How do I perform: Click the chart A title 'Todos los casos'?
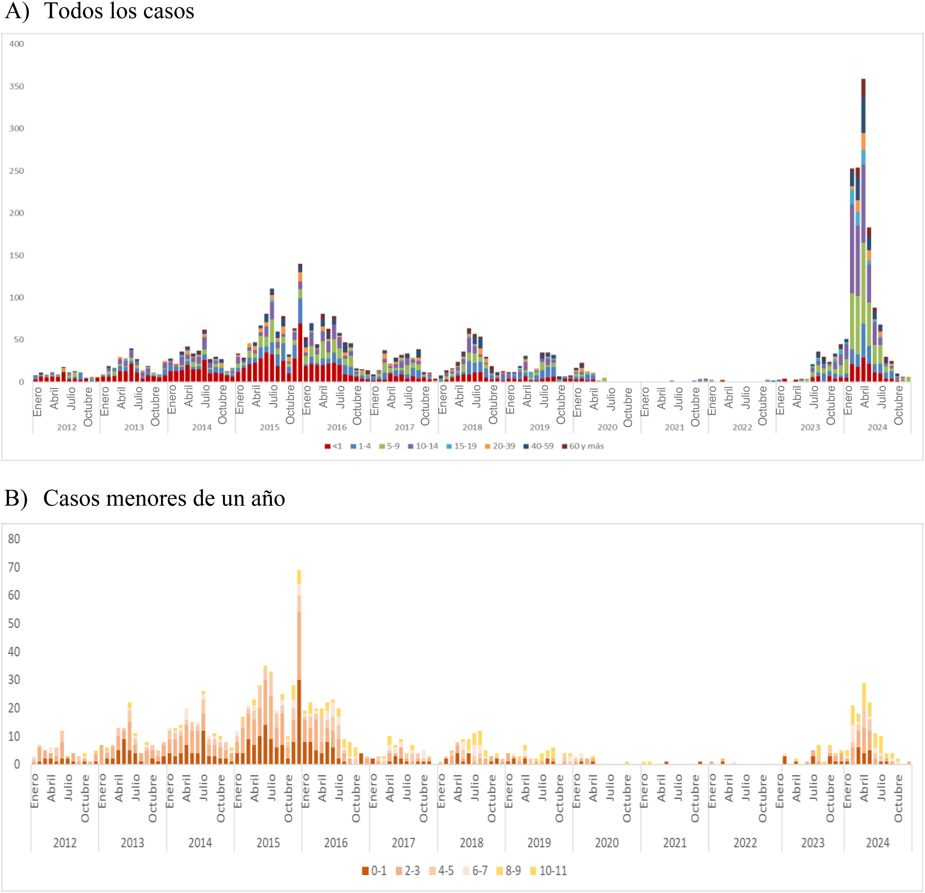coord(119,11)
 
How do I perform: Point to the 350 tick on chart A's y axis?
coord(16,86)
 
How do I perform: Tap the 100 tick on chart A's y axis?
coord(16,297)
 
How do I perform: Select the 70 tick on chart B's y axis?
coord(14,567)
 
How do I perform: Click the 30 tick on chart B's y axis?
coord(14,680)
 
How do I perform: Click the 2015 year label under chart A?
coord(269,427)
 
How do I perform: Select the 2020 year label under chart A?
coord(607,427)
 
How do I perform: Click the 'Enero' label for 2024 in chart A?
coord(848,401)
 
